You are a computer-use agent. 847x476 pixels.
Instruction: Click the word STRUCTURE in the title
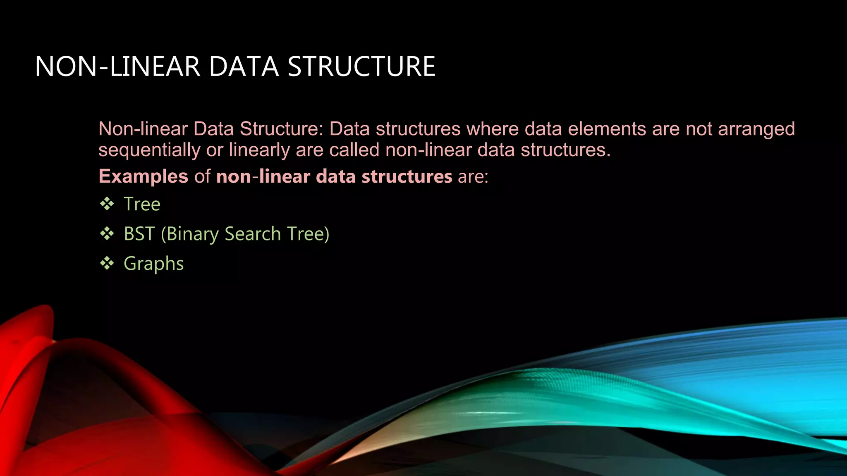(x=361, y=67)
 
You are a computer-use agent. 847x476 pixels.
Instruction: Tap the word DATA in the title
(x=244, y=67)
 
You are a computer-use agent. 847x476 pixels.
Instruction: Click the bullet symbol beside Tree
(x=107, y=204)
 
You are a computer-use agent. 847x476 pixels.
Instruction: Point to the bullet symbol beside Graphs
(x=107, y=263)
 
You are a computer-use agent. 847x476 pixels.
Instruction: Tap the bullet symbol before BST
(x=107, y=233)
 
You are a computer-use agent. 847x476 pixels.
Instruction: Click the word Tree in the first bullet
(x=142, y=204)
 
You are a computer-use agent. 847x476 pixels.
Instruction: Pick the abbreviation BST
(x=139, y=234)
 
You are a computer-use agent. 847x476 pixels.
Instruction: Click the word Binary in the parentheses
(x=193, y=234)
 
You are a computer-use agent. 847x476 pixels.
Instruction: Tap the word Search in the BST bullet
(x=253, y=234)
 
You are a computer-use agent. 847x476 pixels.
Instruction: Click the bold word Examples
(x=144, y=176)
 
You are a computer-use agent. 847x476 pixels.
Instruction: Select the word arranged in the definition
(x=756, y=129)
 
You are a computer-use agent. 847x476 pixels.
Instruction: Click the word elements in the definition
(x=607, y=129)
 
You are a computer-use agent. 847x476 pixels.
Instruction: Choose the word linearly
(x=259, y=150)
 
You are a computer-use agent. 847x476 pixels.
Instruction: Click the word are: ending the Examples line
(x=473, y=177)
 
